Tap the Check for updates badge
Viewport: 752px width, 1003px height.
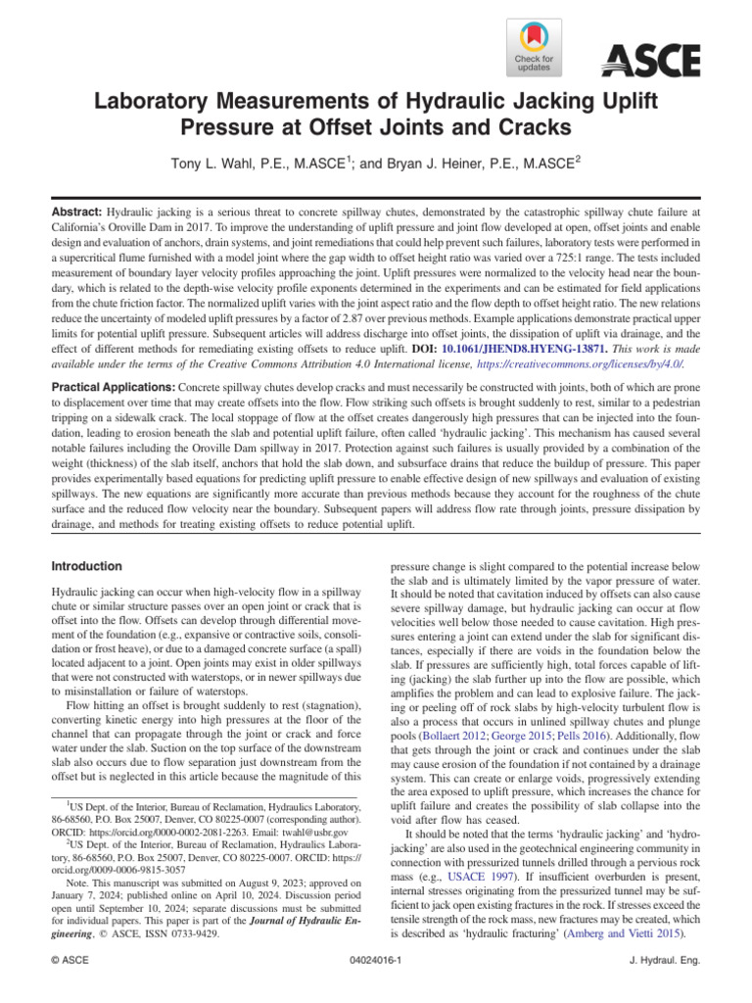tap(534, 49)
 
